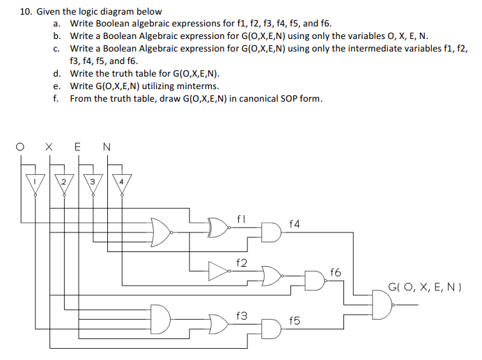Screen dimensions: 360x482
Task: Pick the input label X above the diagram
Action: pos(48,147)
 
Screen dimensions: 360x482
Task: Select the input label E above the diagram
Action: pos(77,147)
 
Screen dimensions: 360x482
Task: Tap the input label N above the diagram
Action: pos(106,147)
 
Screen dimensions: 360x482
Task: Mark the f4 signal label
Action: pos(294,224)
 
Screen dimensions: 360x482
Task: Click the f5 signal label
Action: pos(294,321)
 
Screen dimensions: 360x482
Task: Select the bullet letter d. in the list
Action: pos(56,73)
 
